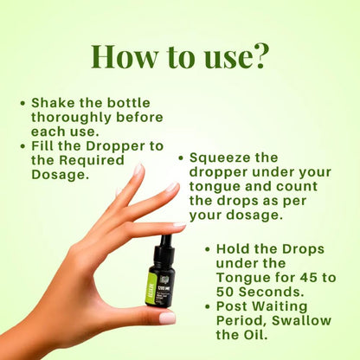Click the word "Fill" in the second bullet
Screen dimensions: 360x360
(44, 145)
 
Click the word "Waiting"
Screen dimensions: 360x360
(285, 305)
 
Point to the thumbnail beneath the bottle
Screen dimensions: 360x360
(167, 318)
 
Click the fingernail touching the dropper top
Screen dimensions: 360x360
(178, 227)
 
